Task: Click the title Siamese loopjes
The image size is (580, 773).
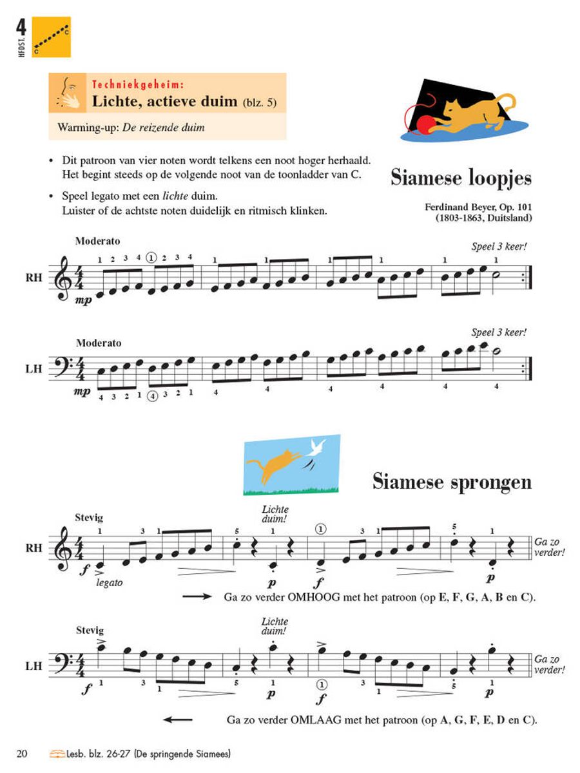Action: coord(461,178)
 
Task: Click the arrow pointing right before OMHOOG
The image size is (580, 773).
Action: coord(197,597)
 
